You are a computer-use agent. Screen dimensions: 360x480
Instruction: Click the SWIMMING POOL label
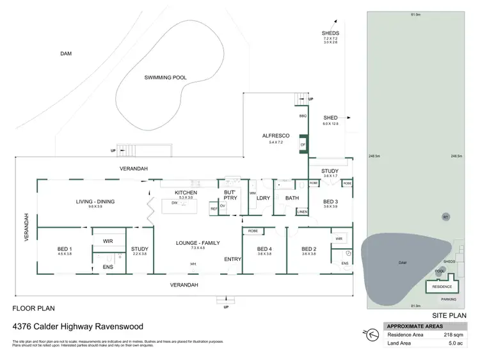[165, 77]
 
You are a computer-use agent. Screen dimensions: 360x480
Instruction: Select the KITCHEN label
[186, 192]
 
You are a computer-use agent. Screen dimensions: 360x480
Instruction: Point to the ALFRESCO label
[276, 136]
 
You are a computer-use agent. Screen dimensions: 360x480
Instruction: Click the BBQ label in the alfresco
[303, 116]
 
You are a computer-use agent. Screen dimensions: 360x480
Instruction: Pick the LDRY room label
[263, 198]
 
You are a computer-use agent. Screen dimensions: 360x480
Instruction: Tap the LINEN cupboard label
[302, 211]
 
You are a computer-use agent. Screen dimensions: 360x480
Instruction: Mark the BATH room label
[292, 198]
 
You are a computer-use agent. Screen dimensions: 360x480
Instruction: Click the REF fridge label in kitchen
[214, 209]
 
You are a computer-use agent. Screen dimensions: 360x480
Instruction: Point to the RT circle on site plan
[445, 217]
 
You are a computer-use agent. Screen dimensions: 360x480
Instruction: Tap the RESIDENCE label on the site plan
[442, 287]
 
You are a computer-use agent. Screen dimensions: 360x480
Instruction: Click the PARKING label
[449, 299]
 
